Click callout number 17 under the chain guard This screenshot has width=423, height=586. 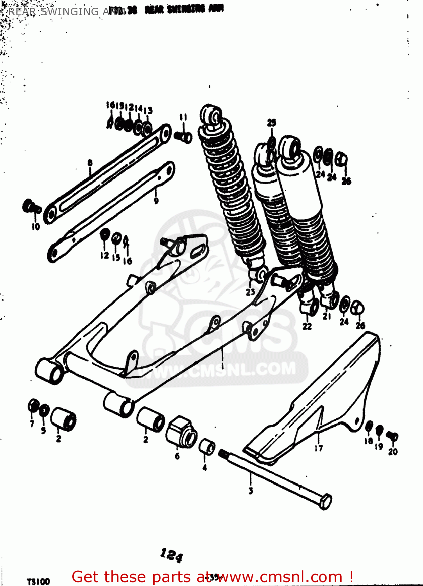click(x=319, y=448)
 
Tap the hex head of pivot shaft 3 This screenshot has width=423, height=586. click(x=325, y=502)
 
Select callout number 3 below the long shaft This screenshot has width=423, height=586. click(x=251, y=491)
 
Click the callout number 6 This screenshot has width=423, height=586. click(x=177, y=456)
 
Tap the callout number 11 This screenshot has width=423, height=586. click(x=183, y=117)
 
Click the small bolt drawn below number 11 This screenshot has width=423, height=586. click(x=183, y=137)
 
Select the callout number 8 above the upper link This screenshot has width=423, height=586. click(x=90, y=163)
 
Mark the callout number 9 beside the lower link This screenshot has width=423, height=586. click(x=156, y=201)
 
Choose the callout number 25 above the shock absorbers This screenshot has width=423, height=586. click(x=271, y=123)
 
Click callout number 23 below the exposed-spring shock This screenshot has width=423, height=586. click(x=250, y=291)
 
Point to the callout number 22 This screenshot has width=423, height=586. click(x=307, y=326)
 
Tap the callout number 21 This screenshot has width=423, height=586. click(x=327, y=316)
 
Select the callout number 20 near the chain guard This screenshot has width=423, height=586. click(x=393, y=452)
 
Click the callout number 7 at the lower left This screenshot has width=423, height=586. click(x=32, y=423)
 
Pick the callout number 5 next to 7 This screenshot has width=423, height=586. click(x=43, y=431)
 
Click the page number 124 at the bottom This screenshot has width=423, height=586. click(x=171, y=555)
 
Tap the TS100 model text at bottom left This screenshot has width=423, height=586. click(x=38, y=581)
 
